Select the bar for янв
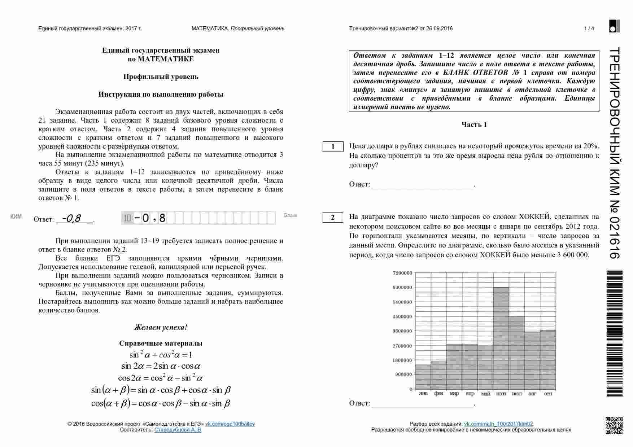(x=423, y=377)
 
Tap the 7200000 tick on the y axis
(x=402, y=273)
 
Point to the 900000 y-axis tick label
(x=403, y=374)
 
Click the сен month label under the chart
(x=548, y=394)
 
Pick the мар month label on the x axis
(x=454, y=394)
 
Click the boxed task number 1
(x=333, y=146)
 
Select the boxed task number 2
(x=333, y=217)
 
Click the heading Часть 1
(x=474, y=124)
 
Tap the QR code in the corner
(x=614, y=425)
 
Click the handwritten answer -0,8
(x=72, y=218)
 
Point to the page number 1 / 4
(x=589, y=29)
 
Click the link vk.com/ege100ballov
(x=230, y=424)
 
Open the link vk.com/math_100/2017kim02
(x=498, y=424)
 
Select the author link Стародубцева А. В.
(x=178, y=430)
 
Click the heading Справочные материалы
(x=161, y=343)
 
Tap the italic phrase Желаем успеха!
(x=161, y=327)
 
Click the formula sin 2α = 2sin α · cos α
(x=161, y=366)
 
